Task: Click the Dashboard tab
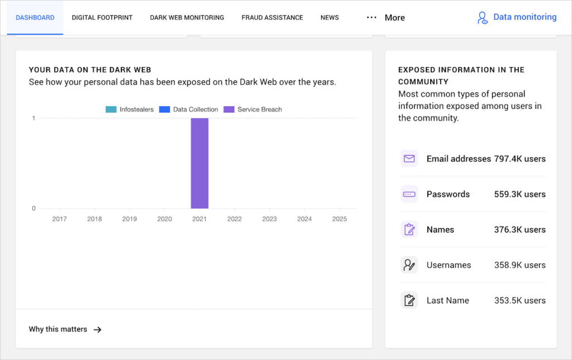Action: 35,17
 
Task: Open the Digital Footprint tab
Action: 102,17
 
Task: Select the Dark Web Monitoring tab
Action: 187,17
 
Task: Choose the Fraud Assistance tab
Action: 272,17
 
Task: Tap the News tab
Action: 330,17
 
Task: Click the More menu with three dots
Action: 385,18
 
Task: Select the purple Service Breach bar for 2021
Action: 199,163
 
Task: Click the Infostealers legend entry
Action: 130,109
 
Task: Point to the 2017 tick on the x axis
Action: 60,219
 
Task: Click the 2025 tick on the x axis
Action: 339,219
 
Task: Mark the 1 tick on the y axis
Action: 34,118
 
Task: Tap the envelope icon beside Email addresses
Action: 409,159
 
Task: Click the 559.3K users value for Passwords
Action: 519,194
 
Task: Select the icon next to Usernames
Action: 409,265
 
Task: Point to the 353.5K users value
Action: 519,300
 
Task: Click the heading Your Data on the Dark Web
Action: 90,70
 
